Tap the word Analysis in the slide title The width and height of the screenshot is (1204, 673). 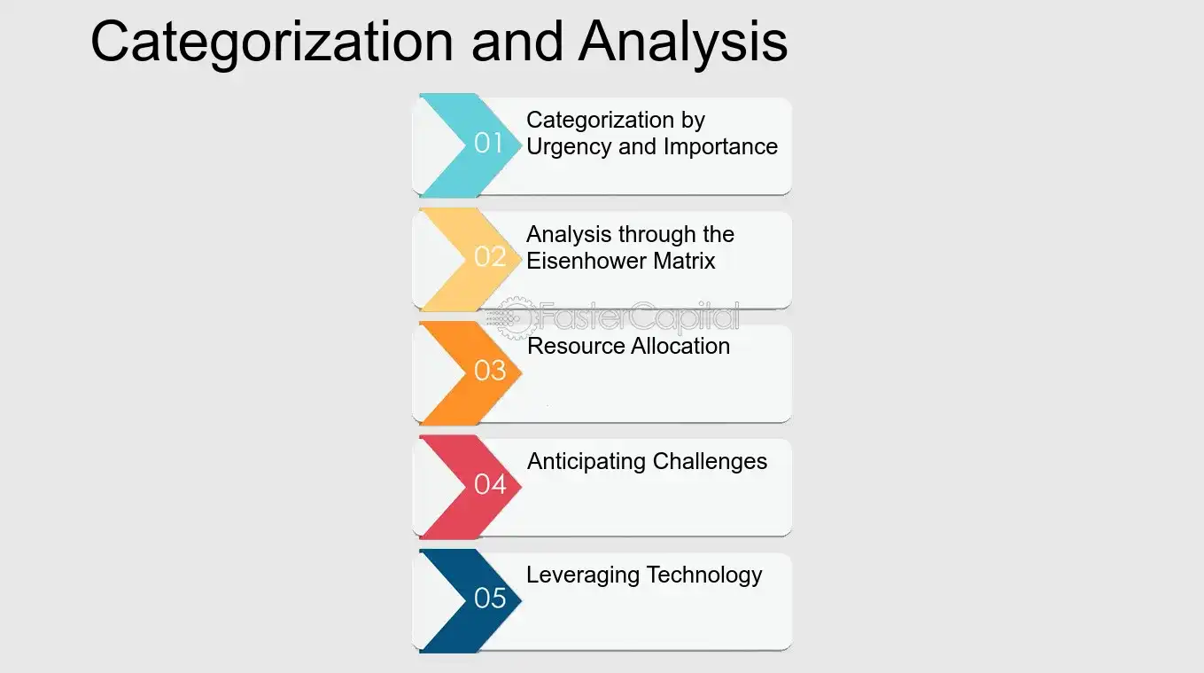click(x=682, y=42)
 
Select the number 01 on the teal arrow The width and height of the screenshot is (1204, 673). click(x=489, y=143)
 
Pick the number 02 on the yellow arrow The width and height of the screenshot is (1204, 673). click(x=490, y=256)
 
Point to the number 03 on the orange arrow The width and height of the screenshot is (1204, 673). click(x=490, y=370)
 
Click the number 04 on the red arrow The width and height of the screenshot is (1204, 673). click(x=490, y=484)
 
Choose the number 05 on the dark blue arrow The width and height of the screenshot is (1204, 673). click(x=490, y=599)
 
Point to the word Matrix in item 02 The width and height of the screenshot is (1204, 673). click(x=683, y=261)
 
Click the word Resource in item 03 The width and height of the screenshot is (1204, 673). click(x=567, y=346)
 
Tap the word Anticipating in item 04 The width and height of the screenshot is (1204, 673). click(x=586, y=461)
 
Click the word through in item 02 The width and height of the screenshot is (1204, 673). click(x=657, y=234)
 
